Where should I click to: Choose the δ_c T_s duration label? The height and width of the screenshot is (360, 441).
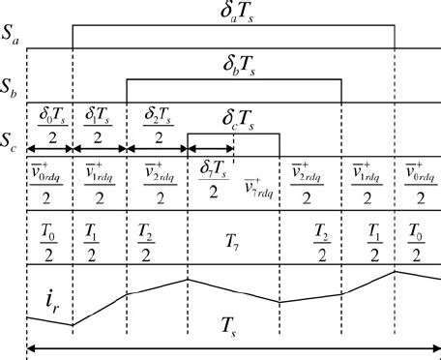tap(233, 121)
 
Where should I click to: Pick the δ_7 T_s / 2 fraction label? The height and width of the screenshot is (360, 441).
tap(209, 180)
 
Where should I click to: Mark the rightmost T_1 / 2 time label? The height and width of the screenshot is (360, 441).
tap(368, 236)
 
